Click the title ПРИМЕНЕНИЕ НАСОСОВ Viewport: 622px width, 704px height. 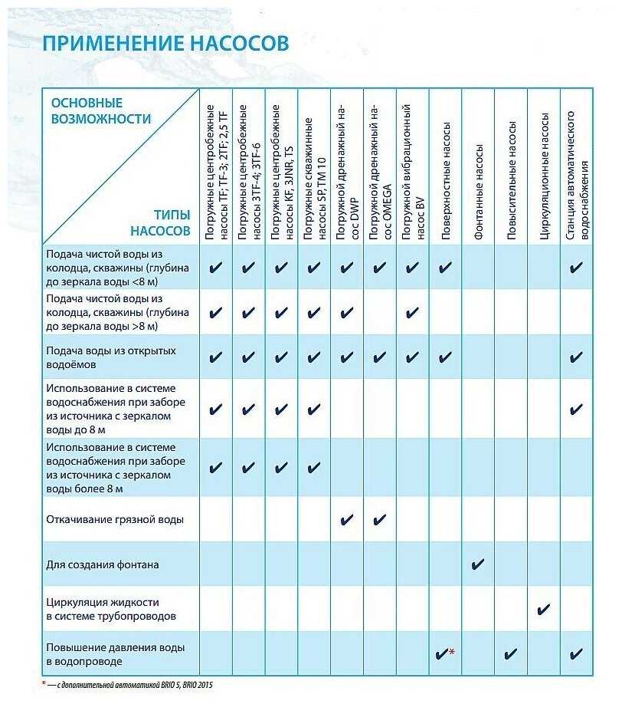(x=165, y=43)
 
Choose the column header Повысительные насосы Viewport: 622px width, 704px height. (x=511, y=180)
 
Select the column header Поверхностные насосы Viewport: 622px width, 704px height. (x=445, y=183)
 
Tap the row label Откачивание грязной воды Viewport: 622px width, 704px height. (x=115, y=519)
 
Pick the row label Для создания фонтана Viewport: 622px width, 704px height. (x=103, y=564)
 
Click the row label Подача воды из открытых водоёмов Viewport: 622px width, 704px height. (x=111, y=357)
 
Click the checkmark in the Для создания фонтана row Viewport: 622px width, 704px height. (x=478, y=565)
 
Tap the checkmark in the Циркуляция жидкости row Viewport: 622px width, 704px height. (x=544, y=610)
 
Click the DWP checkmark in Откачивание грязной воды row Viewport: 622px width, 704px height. (x=347, y=520)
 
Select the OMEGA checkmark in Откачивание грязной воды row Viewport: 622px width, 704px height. (x=380, y=520)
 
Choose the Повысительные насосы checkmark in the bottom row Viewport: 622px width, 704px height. (x=511, y=654)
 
